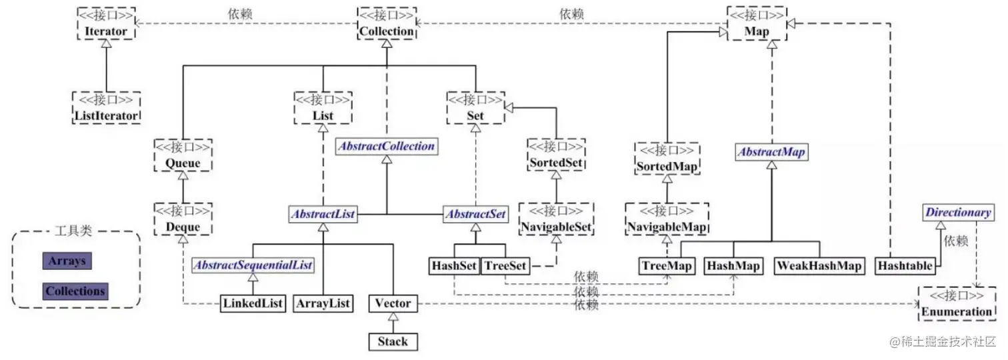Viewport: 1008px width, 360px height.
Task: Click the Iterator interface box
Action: pos(105,24)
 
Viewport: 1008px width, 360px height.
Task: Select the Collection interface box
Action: pos(387,24)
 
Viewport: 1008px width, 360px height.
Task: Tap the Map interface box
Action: pos(757,24)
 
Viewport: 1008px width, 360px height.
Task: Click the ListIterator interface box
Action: pos(106,108)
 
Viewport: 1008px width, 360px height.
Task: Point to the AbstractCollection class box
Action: pos(387,146)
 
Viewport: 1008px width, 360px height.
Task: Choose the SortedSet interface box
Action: pos(556,155)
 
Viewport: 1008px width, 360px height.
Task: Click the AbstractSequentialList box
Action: pos(253,265)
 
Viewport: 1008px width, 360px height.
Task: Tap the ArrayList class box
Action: pos(323,304)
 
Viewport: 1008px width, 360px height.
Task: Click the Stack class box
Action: pos(393,342)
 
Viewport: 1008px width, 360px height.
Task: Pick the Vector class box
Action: pos(393,304)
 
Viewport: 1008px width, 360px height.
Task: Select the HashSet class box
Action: pos(454,266)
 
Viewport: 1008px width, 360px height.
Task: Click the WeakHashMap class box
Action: pos(819,266)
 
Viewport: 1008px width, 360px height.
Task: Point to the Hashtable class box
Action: pos(905,266)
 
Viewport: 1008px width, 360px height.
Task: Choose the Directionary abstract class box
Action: pos(957,213)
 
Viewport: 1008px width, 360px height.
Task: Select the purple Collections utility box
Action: pos(75,291)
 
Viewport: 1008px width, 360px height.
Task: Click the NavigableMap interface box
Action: pos(666,219)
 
